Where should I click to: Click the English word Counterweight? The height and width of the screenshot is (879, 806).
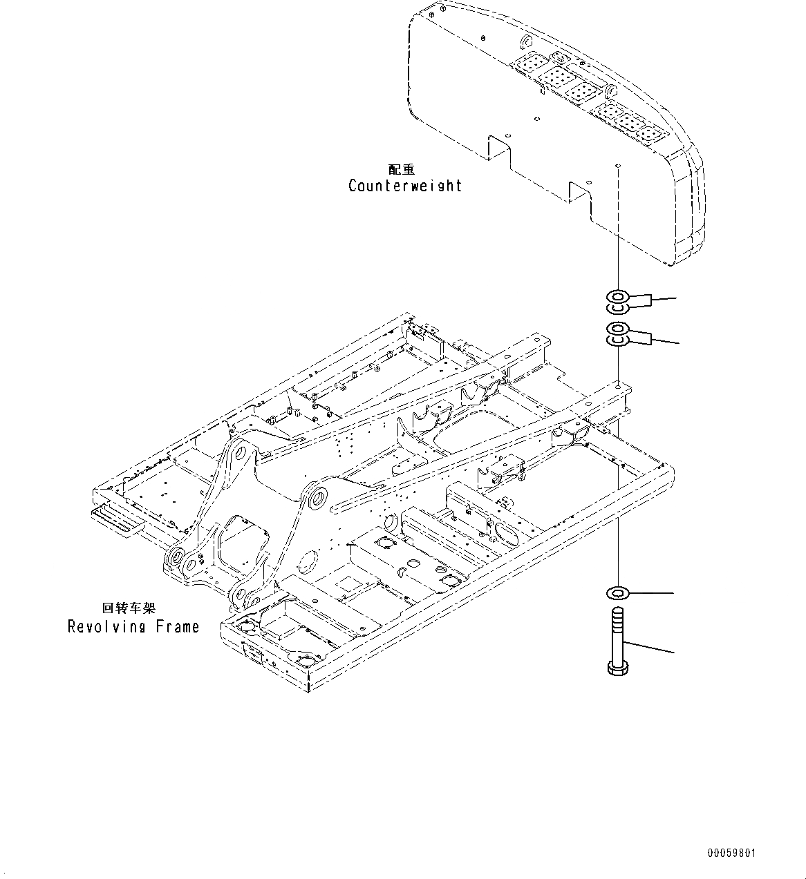tap(404, 186)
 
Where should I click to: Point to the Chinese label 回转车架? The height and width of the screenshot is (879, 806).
tap(129, 608)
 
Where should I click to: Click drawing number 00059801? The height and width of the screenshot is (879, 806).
tap(731, 853)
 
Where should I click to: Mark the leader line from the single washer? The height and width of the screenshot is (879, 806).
tap(653, 592)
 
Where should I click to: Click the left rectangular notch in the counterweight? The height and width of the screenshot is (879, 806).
tap(499, 150)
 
